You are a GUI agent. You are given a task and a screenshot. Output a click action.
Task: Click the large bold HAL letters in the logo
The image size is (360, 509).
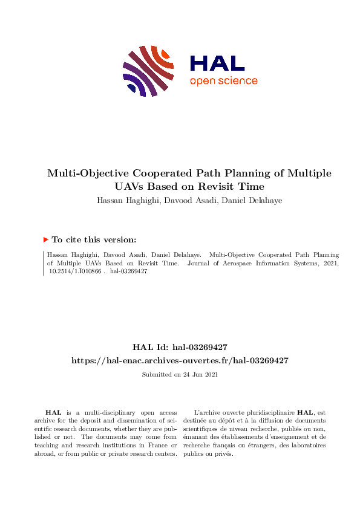coord(217,63)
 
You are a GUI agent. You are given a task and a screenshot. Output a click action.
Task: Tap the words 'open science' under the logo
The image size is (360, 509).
coord(223,81)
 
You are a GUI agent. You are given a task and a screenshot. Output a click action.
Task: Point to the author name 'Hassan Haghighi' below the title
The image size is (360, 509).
coord(126,200)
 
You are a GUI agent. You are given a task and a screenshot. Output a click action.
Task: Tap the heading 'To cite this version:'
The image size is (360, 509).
coord(94,240)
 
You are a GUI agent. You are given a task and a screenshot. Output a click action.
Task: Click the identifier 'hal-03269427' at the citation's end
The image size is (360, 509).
coord(129,272)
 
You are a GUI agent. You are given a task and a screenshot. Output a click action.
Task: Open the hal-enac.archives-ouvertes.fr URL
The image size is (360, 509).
coord(180,360)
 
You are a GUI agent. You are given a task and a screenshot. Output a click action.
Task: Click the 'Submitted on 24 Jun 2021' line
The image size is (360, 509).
coord(180,375)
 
